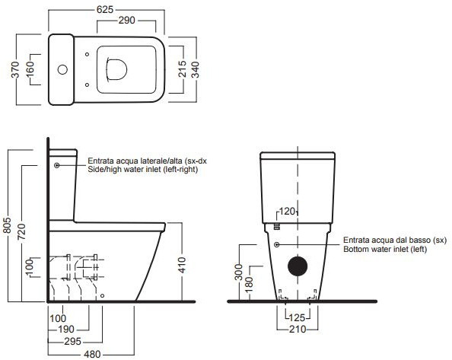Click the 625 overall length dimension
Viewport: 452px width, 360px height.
point(105,9)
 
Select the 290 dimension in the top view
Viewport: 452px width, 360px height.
point(126,21)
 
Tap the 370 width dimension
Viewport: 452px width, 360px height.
point(15,69)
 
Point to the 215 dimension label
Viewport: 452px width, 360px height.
point(182,69)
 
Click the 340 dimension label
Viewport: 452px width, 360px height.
point(195,70)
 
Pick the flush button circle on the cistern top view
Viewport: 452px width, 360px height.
point(62,69)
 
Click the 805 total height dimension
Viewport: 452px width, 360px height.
point(7,225)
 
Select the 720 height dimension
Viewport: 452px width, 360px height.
point(21,231)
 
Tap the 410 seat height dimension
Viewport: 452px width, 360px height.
point(182,265)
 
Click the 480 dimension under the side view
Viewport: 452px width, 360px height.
point(92,354)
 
